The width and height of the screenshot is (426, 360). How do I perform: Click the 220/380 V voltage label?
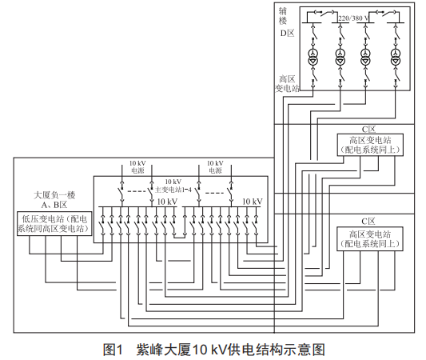coord(353,18)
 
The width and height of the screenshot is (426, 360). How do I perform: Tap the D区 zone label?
coord(288,33)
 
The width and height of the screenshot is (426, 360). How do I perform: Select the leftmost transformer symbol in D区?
coord(313,57)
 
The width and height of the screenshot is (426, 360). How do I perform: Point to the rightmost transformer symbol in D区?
coord(396,57)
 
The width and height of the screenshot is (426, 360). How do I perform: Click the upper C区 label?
coord(368,130)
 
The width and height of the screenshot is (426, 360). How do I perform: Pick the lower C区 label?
coord(368,222)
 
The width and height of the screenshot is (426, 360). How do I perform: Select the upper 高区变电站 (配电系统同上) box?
coord(370,145)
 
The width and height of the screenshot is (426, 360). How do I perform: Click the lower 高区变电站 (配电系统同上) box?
coord(370,238)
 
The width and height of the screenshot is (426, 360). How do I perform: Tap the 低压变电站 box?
coord(54,223)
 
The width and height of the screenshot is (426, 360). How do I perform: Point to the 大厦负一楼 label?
coord(54,195)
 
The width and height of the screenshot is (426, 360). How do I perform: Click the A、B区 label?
coord(54,205)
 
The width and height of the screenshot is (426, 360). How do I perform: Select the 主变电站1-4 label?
coord(173,190)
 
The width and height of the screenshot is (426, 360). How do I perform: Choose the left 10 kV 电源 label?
coord(137,166)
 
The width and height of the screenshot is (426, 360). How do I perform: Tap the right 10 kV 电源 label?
coord(215,166)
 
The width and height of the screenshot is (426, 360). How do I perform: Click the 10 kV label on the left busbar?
coord(167,202)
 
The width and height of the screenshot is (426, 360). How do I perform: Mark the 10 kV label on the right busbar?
coord(253,202)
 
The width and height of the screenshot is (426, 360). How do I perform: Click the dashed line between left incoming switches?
coord(137,191)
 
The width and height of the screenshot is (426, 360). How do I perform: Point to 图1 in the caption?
coord(113,350)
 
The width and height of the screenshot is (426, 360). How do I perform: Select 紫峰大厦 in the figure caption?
coord(164,350)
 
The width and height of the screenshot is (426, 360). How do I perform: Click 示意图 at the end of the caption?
coord(305,350)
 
